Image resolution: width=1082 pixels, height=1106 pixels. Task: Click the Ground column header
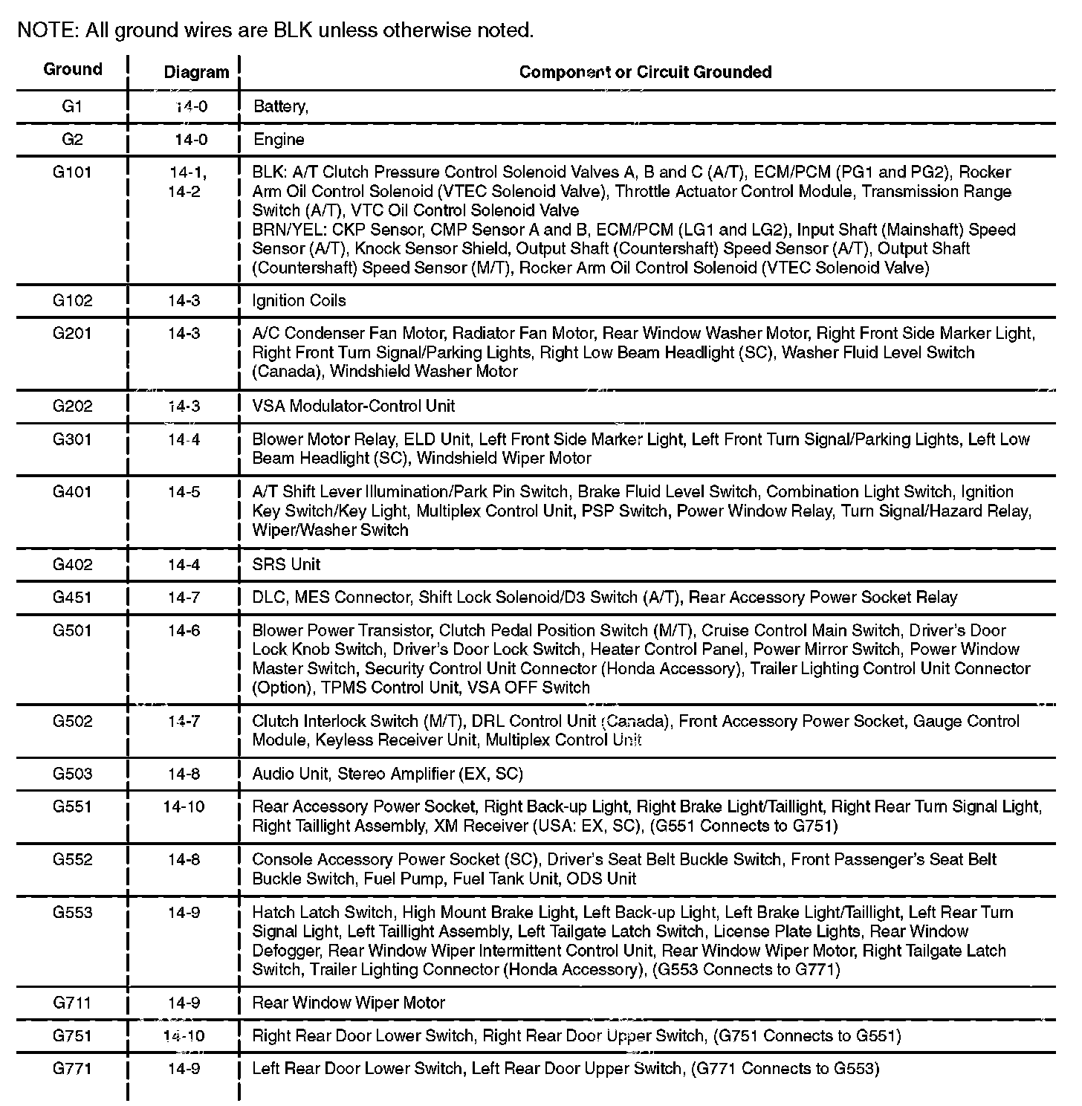tap(73, 70)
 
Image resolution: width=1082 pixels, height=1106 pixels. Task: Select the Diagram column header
tap(196, 72)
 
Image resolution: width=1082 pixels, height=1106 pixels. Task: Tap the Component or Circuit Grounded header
tap(645, 72)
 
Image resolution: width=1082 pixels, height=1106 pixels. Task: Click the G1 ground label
tap(72, 106)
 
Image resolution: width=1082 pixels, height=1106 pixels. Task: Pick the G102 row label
tap(73, 300)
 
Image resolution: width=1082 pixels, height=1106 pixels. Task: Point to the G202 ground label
tap(73, 406)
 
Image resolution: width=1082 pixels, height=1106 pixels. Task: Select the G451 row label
tap(73, 597)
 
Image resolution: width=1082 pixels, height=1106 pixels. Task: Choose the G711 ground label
tap(73, 1003)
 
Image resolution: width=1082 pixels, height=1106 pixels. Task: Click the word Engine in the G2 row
tap(279, 140)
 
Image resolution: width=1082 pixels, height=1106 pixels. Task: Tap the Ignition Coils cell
tap(299, 300)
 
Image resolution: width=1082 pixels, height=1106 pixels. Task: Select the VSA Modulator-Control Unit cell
tap(354, 406)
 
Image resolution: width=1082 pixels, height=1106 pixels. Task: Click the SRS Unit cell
tap(286, 564)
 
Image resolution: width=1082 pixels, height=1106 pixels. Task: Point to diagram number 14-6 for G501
tap(184, 630)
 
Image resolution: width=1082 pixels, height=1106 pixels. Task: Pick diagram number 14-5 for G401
tap(184, 492)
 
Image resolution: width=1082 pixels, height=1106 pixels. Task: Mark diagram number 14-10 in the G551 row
tap(184, 806)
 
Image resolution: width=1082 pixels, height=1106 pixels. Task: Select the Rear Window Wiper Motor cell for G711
tap(349, 1003)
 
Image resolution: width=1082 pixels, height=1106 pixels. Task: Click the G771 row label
tap(73, 1069)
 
